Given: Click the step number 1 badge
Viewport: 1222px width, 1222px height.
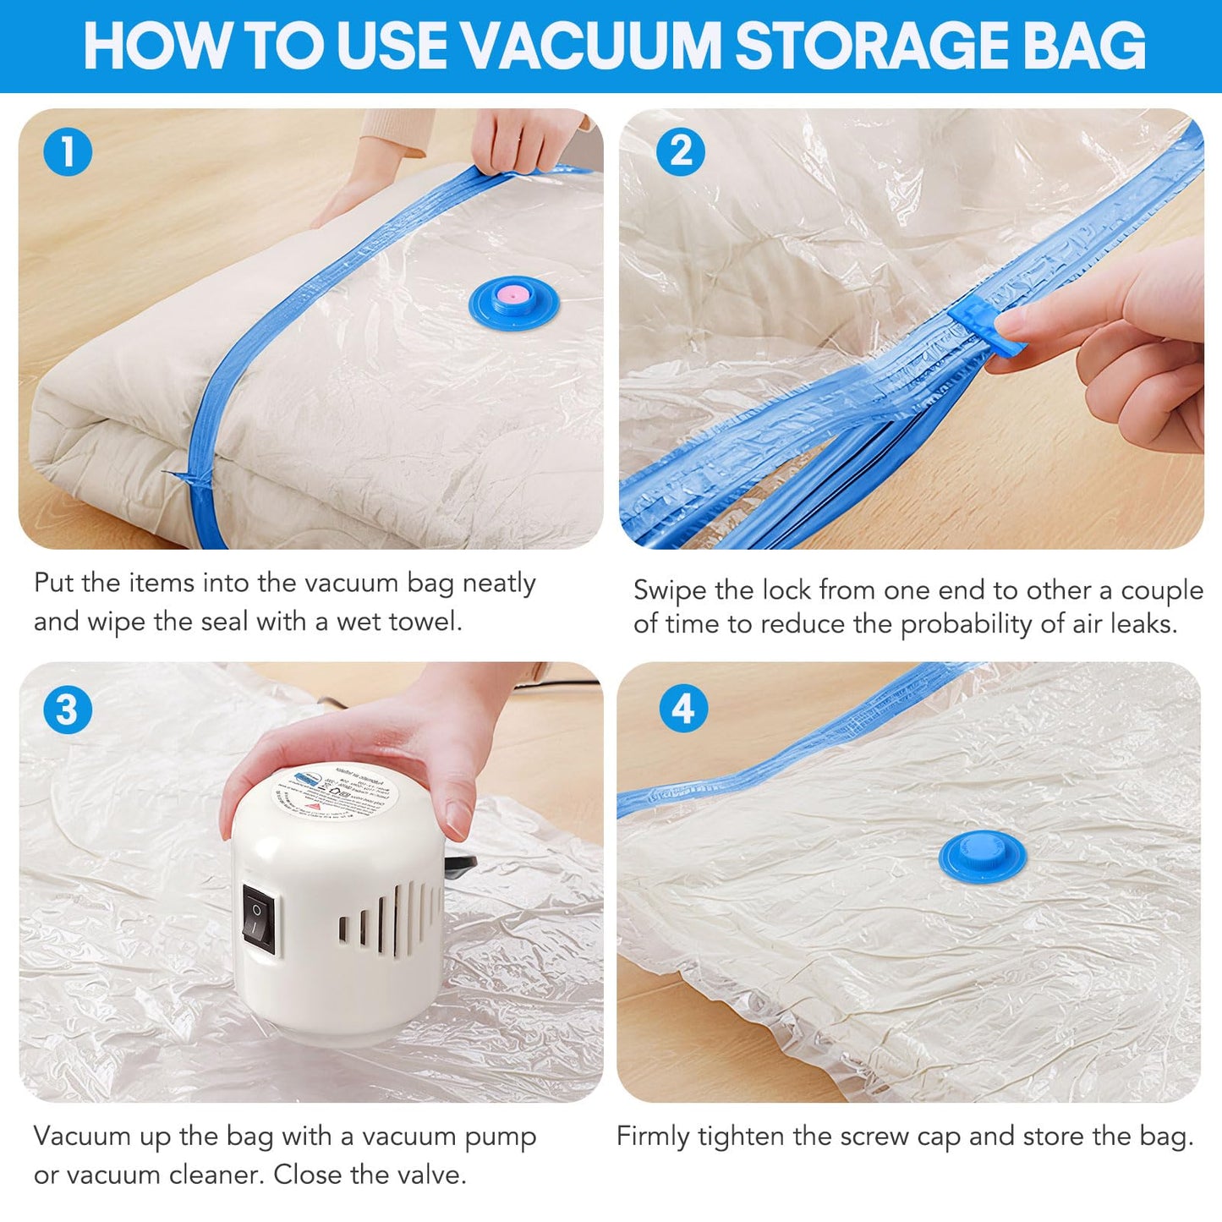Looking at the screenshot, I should point(68,152).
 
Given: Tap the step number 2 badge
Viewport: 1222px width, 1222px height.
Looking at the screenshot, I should point(681,152).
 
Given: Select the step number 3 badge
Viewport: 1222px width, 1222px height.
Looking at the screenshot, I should point(68,710).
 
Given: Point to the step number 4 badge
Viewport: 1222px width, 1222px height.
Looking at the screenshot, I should point(683,709).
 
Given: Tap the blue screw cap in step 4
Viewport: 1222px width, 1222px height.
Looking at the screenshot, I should point(983,853).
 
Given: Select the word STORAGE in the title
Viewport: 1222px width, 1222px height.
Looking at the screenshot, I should point(871,46).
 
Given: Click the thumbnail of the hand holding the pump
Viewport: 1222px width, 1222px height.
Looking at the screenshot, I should point(311,882).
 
